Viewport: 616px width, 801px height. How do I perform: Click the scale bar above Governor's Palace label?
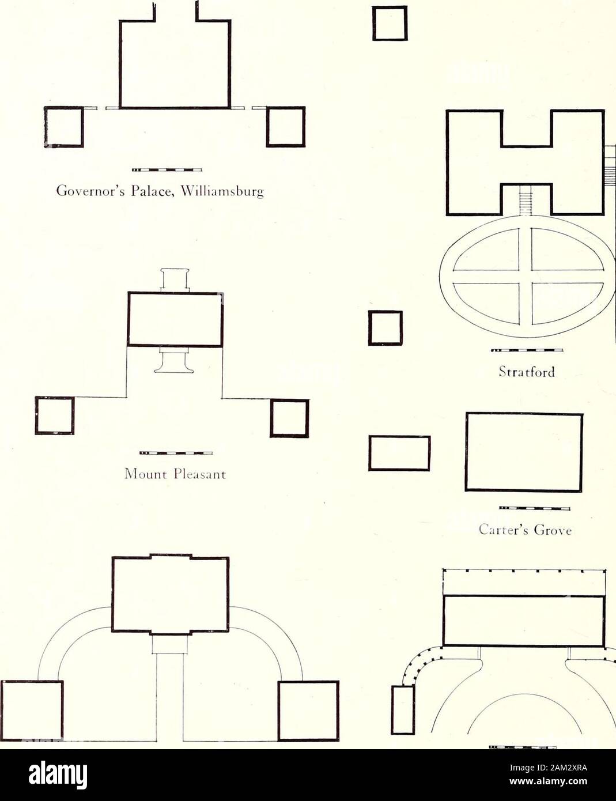pyautogui.click(x=167, y=170)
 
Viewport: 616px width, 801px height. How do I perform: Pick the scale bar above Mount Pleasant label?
pyautogui.click(x=176, y=453)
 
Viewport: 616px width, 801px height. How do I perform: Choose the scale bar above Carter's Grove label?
pyautogui.click(x=535, y=509)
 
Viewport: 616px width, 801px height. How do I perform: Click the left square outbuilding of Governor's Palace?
pyautogui.click(x=64, y=127)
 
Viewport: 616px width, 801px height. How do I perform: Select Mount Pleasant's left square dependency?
pyautogui.click(x=55, y=415)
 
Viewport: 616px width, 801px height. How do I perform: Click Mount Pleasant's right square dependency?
pyautogui.click(x=290, y=418)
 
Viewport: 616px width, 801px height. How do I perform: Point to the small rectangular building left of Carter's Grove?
pyautogui.click(x=399, y=454)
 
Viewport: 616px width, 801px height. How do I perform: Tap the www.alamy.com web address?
pyautogui.click(x=548, y=777)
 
